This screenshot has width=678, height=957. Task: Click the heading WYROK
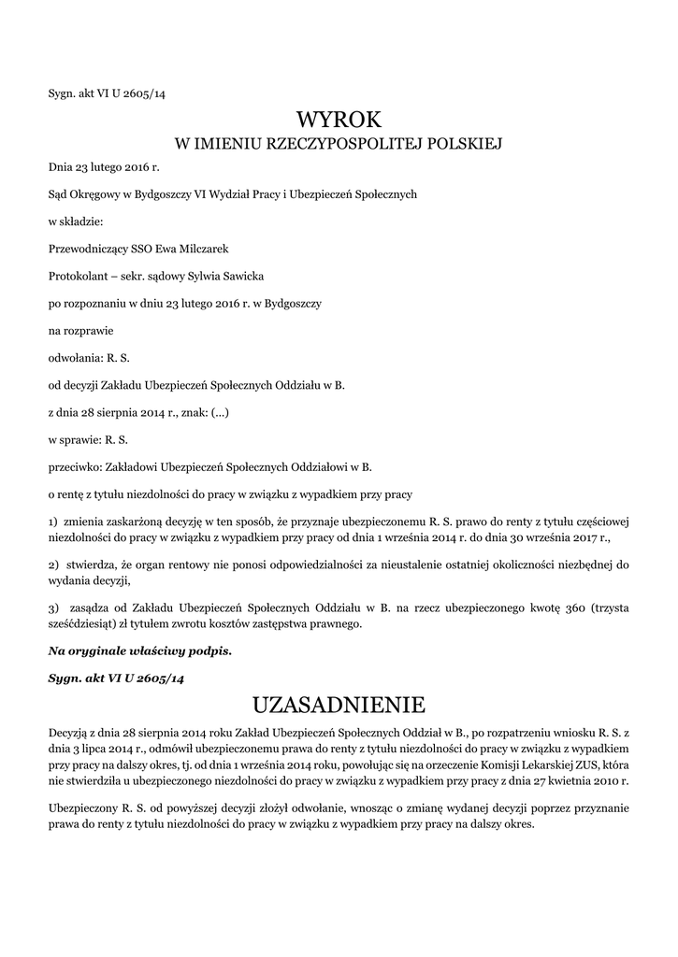(339, 120)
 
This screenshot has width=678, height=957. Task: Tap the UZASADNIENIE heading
(339, 703)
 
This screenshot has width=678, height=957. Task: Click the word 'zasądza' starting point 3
(92, 608)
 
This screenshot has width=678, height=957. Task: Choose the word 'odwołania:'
(75, 358)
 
